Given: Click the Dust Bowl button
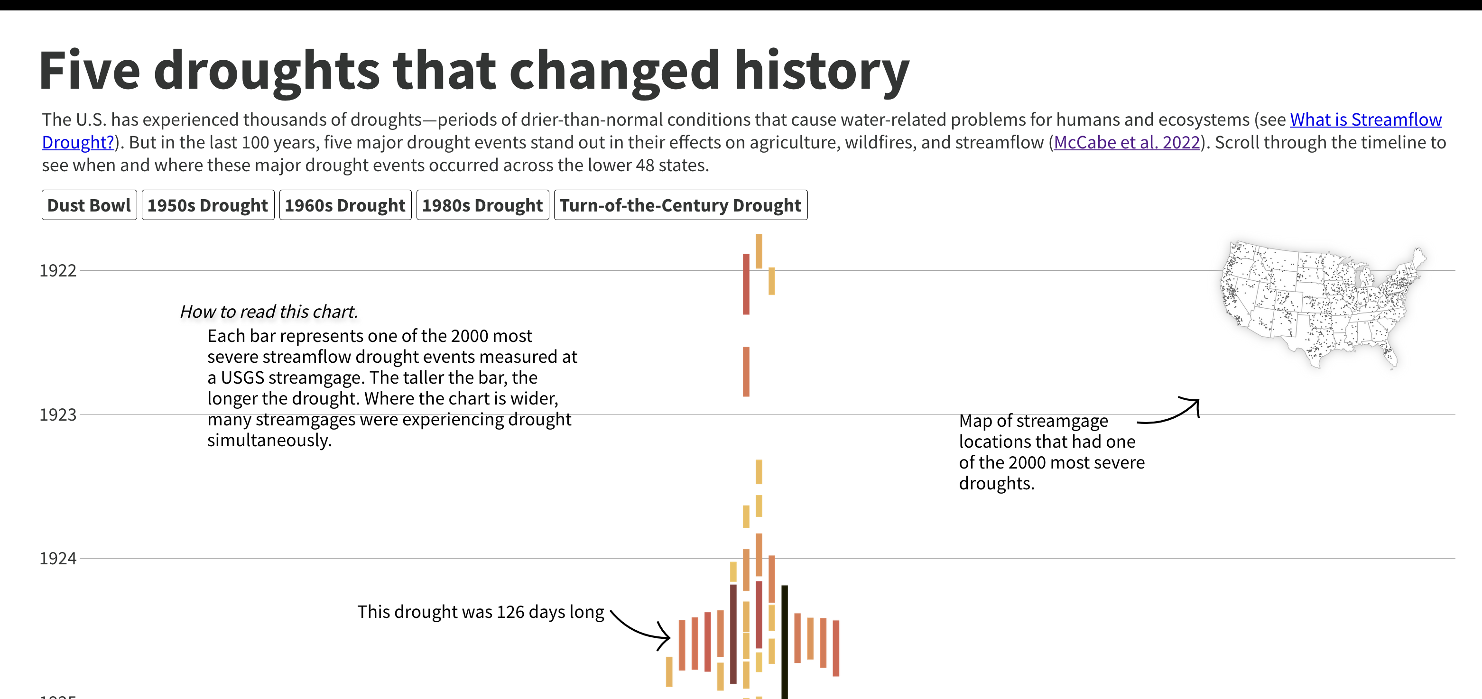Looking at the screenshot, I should point(89,205).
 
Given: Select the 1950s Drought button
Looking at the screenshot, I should point(208,205).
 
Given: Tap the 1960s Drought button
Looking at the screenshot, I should point(345,205).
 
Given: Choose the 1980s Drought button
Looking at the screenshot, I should point(482,205).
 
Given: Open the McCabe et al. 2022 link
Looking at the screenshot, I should point(1127,142).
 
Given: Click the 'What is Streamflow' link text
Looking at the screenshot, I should point(1365,120).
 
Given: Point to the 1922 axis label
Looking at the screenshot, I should point(57,270).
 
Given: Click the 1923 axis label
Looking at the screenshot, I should point(57,414).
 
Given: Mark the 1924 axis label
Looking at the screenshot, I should point(57,558).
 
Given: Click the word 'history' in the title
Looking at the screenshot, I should point(821,71).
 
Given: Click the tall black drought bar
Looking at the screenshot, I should point(784,639).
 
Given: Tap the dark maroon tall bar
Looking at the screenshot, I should point(733,633).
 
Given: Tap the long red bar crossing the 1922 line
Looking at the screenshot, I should point(746,284).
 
